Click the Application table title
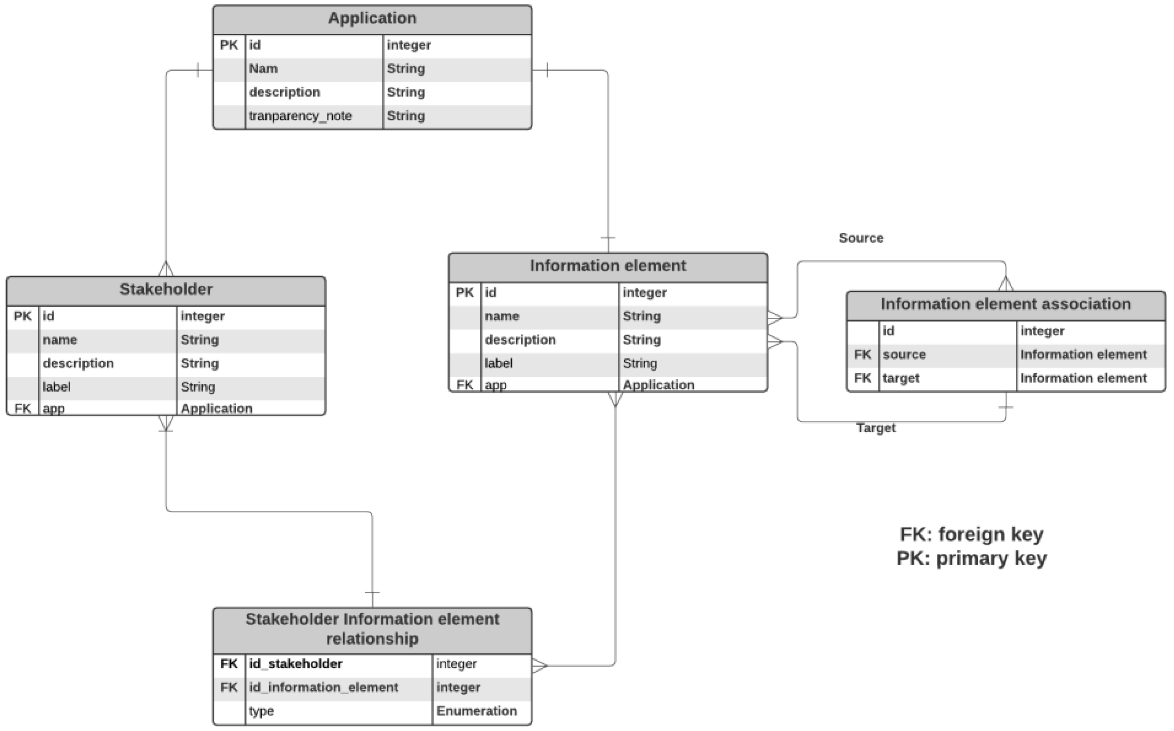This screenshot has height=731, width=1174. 372,18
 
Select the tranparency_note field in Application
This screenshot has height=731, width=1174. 300,116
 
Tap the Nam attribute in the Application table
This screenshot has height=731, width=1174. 263,69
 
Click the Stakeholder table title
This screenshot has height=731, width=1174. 166,289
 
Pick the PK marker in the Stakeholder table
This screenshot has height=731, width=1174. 22,316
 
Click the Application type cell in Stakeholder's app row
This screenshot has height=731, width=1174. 217,408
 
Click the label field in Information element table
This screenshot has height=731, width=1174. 498,364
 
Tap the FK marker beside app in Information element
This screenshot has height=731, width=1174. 464,385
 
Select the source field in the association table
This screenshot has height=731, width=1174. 904,355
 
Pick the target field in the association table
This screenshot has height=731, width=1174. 901,378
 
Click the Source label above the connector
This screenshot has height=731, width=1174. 861,238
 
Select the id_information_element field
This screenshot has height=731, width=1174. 324,687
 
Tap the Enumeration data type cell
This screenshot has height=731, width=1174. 477,711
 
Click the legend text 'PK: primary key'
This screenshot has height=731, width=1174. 972,558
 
